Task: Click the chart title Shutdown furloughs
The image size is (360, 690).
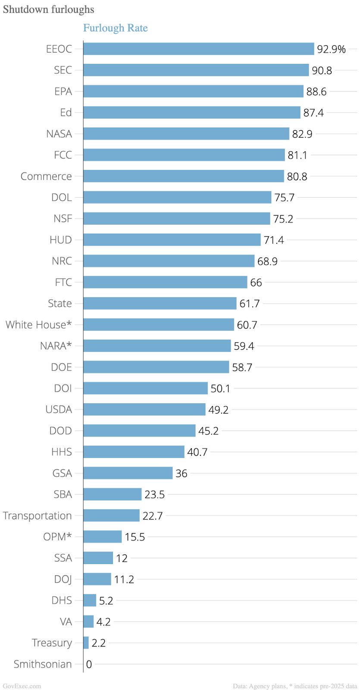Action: click(48, 9)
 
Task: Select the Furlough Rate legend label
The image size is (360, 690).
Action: click(115, 28)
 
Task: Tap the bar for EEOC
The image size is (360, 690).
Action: click(198, 49)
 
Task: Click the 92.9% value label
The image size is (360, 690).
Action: click(331, 49)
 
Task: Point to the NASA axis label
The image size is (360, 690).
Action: click(59, 134)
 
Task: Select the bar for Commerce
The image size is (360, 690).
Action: click(184, 176)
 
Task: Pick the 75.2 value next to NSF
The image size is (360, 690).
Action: click(283, 219)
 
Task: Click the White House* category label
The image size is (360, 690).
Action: click(38, 325)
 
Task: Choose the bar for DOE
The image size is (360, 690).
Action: click(156, 367)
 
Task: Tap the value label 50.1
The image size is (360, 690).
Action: click(220, 389)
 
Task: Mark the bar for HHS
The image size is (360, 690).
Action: click(134, 452)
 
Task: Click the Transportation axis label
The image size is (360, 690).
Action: click(37, 516)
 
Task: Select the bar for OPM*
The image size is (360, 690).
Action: click(103, 537)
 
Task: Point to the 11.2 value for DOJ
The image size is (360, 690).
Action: click(124, 580)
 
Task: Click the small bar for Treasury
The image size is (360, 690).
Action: click(86, 643)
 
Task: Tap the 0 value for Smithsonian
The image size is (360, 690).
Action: click(89, 665)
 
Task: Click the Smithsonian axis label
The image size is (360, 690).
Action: click(43, 664)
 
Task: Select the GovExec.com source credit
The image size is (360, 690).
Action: click(22, 686)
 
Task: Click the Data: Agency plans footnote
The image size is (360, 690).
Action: click(295, 686)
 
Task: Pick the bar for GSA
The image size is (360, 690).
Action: click(128, 473)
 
